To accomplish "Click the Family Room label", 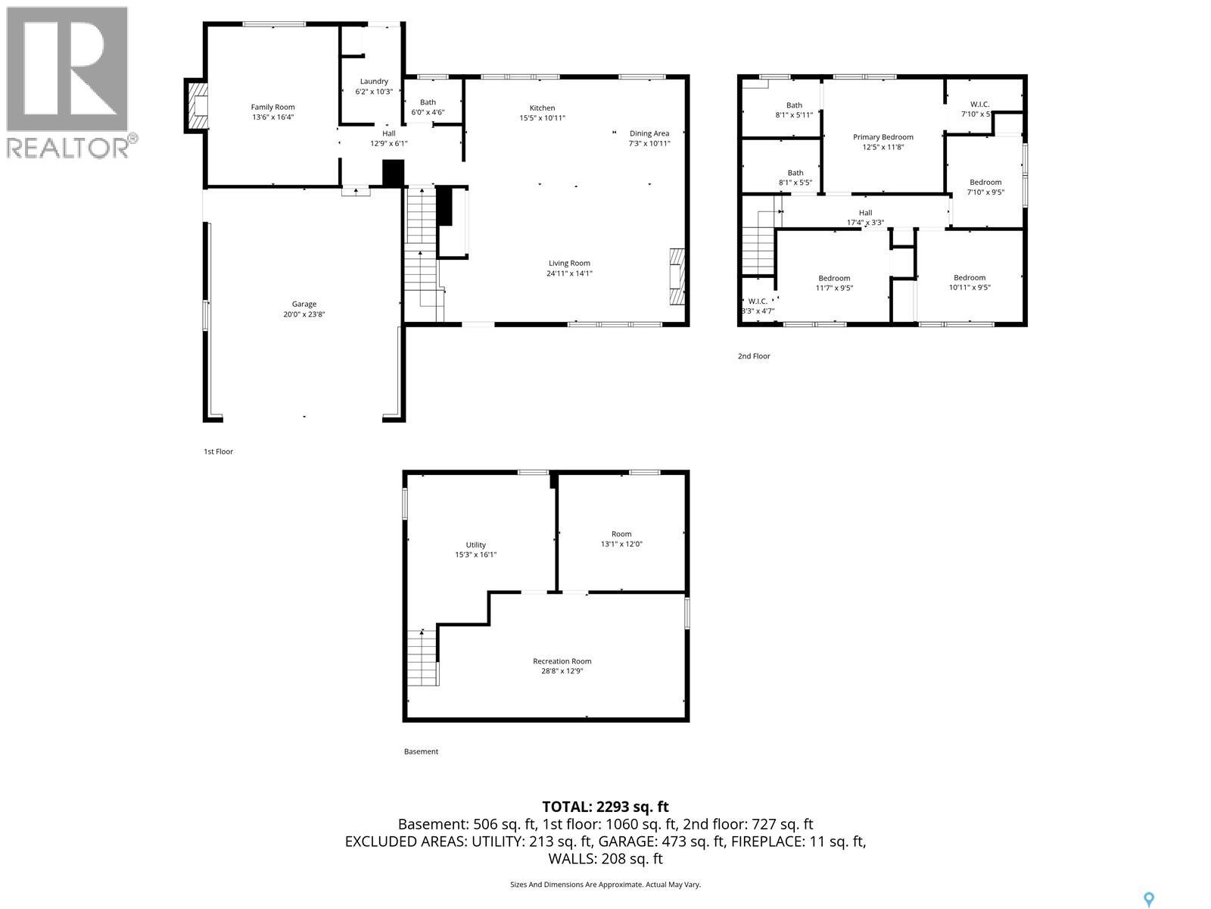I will click(x=272, y=108).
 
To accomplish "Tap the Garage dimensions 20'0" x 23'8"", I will click(x=304, y=314).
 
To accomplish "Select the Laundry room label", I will click(x=374, y=82).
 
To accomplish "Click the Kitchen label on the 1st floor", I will click(x=542, y=108).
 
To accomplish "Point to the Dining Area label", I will click(x=649, y=133).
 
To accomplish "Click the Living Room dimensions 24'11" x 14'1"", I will click(x=569, y=273).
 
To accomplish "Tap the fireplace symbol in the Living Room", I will click(x=676, y=276).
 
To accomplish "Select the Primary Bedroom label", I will click(x=883, y=137).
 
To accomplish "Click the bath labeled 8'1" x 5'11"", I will click(x=794, y=111).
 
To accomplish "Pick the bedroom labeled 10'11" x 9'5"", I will click(x=970, y=283).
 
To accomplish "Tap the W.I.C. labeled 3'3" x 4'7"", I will click(x=758, y=306).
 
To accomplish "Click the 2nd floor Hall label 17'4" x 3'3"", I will click(x=865, y=217).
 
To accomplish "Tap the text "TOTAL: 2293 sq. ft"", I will click(x=605, y=807).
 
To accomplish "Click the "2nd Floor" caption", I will click(x=754, y=356).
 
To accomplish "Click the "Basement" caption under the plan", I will click(x=421, y=751).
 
